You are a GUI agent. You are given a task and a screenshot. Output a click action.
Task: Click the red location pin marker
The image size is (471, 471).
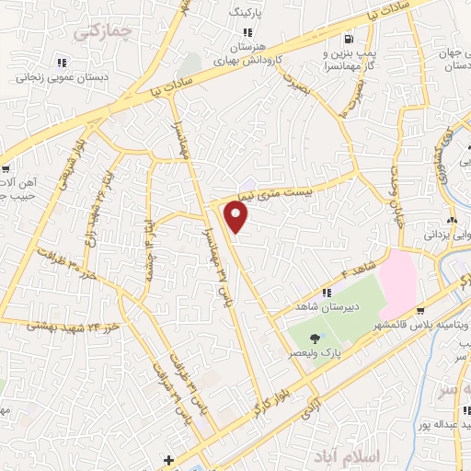(237, 217)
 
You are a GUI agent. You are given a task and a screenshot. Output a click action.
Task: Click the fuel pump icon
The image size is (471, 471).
(348, 39)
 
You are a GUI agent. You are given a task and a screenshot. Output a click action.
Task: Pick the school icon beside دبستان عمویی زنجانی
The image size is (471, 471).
(62, 63)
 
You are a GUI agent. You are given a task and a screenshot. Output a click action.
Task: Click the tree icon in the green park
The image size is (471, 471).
(316, 339)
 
